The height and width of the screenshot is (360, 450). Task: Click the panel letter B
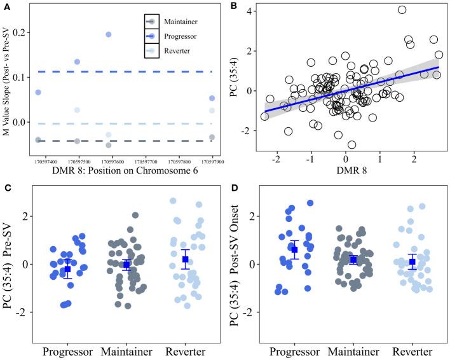(233, 6)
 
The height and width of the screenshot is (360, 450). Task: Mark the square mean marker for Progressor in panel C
(67, 269)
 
